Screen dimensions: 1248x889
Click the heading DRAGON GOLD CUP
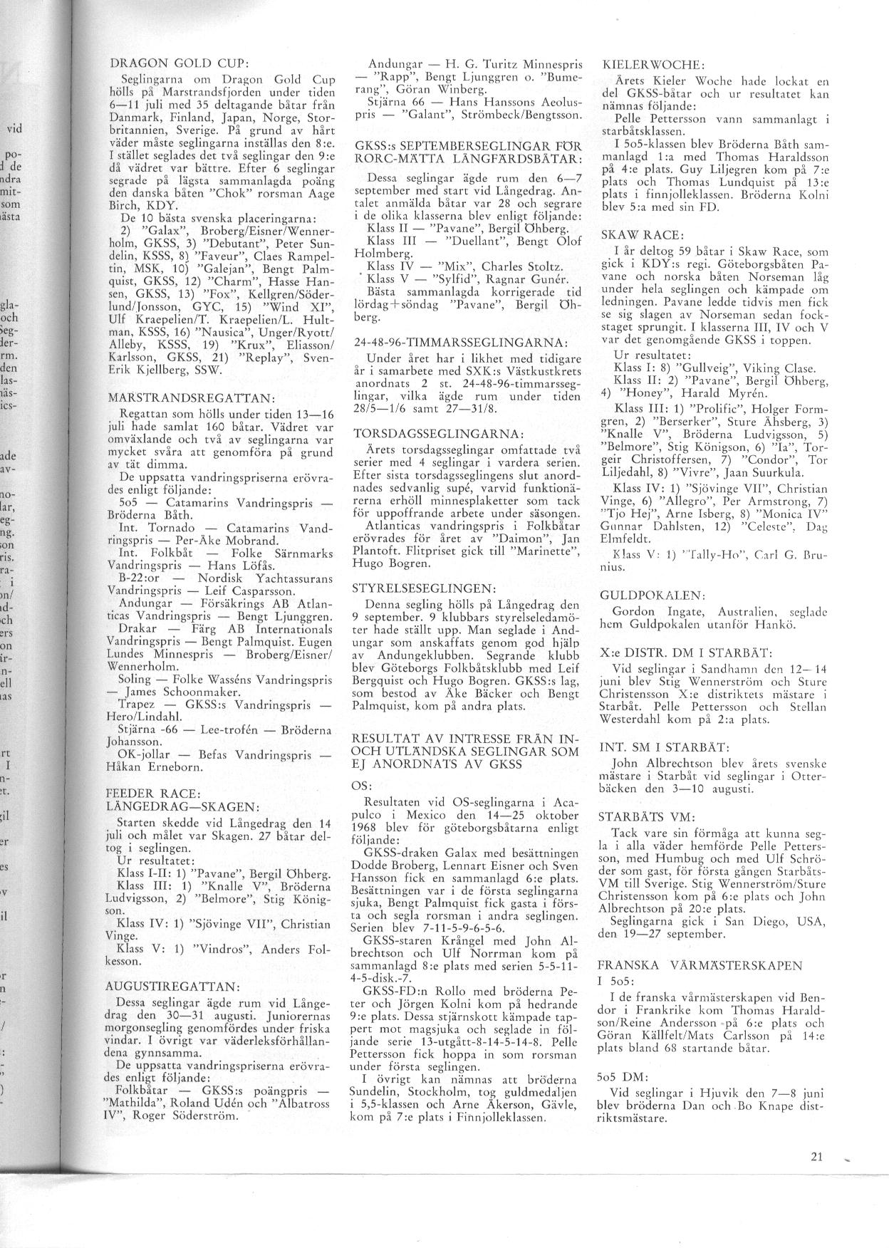(x=175, y=62)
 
